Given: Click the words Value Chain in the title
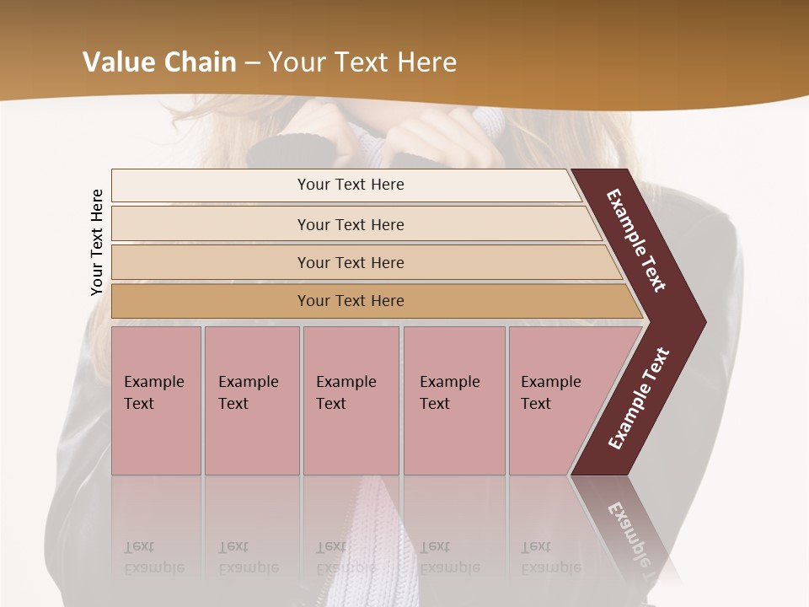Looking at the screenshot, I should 159,62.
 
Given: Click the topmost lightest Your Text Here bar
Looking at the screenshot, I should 351,185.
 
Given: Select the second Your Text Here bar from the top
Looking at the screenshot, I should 351,224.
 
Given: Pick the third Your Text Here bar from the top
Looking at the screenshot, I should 351,262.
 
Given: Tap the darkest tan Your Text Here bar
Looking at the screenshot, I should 351,301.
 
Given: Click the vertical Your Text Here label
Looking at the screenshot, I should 97,242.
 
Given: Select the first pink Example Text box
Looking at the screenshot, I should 156,400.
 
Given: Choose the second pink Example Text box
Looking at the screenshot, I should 251,400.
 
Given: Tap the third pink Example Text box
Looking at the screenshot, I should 351,400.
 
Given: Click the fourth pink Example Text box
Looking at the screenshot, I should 454,400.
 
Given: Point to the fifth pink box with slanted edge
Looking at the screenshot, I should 556,400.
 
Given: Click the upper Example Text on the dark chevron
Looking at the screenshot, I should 637,240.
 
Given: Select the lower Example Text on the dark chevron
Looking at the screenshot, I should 639,398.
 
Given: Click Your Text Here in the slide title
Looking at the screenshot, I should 362,62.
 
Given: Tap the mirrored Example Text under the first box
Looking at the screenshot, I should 154,557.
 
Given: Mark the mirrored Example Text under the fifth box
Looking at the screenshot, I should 551,557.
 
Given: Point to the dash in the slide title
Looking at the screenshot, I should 252,62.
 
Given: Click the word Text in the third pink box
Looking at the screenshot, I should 331,404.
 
